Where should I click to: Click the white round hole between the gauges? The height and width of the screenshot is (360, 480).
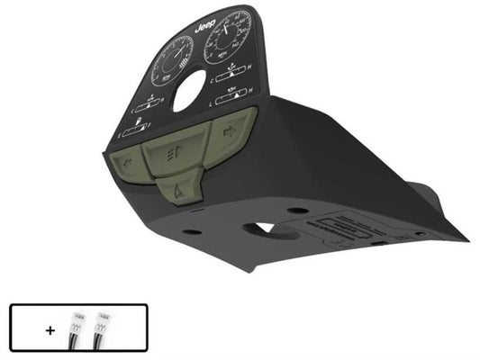tap(189, 90)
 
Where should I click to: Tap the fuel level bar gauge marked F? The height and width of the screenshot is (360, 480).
tap(140, 131)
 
